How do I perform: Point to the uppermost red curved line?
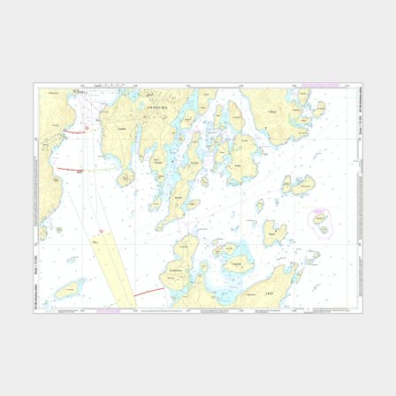85,129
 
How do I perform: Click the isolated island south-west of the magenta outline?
275,232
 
